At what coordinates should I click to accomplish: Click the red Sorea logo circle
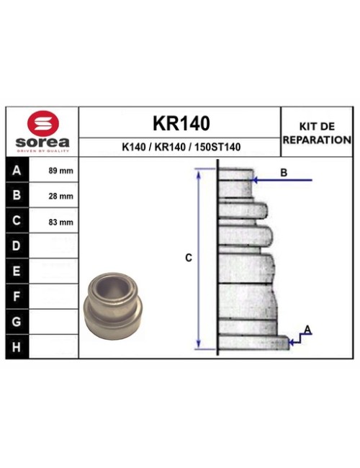pyautogui.click(x=42, y=122)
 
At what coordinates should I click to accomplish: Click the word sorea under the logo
pyautogui.click(x=42, y=142)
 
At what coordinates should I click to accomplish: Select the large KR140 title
pyautogui.click(x=181, y=123)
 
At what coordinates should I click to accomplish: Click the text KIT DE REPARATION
pyautogui.click(x=316, y=132)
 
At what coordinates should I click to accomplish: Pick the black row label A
pyautogui.click(x=17, y=171)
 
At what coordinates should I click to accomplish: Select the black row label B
pyautogui.click(x=17, y=196)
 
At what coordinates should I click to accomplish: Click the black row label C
pyautogui.click(x=17, y=221)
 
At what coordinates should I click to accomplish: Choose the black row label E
pyautogui.click(x=17, y=271)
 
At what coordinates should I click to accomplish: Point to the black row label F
pyautogui.click(x=17, y=296)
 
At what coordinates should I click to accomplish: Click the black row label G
pyautogui.click(x=17, y=321)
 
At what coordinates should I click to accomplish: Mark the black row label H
pyautogui.click(x=17, y=346)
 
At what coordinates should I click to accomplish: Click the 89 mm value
pyautogui.click(x=60, y=171)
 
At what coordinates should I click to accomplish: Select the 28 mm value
pyautogui.click(x=60, y=196)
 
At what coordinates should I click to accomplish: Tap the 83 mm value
pyautogui.click(x=60, y=222)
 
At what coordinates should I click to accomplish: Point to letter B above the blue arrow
pyautogui.click(x=284, y=173)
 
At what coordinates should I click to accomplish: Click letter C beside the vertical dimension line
pyautogui.click(x=188, y=258)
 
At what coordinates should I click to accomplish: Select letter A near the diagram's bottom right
pyautogui.click(x=307, y=330)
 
